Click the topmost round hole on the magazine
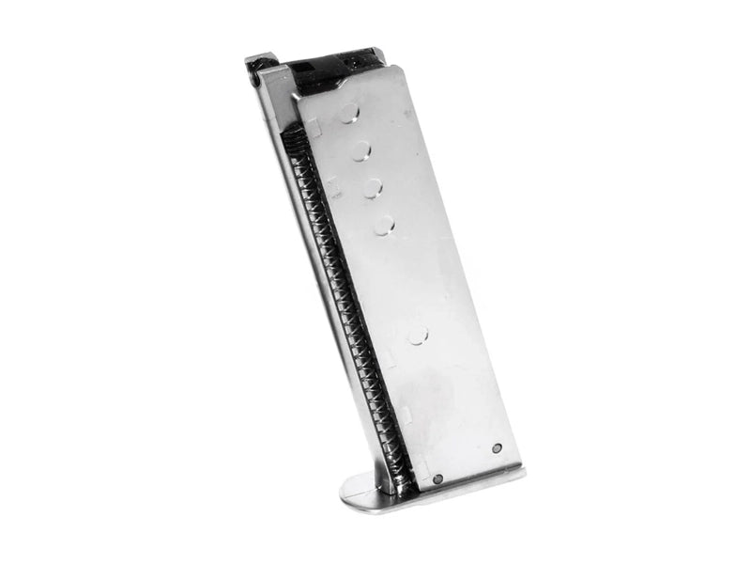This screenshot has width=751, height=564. tap(348, 114)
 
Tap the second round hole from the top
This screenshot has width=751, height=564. tap(361, 150)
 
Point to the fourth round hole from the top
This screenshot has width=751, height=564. tap(384, 225)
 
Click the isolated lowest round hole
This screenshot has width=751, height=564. tap(417, 335)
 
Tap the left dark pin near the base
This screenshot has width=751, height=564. tap(437, 478)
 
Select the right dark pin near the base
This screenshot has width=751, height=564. tap(497, 448)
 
